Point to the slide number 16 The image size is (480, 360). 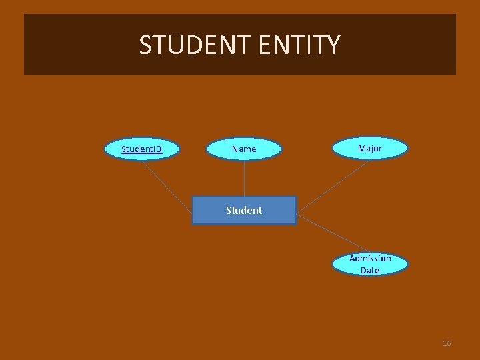[447, 343]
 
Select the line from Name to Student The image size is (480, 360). [244, 179]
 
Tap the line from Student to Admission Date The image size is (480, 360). [330, 234]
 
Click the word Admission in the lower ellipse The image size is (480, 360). [370, 259]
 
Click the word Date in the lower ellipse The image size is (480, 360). [370, 270]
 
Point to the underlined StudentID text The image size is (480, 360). [141, 149]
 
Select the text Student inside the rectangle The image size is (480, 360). [244, 210]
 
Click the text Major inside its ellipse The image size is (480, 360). [370, 148]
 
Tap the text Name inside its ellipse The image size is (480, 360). [244, 149]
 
